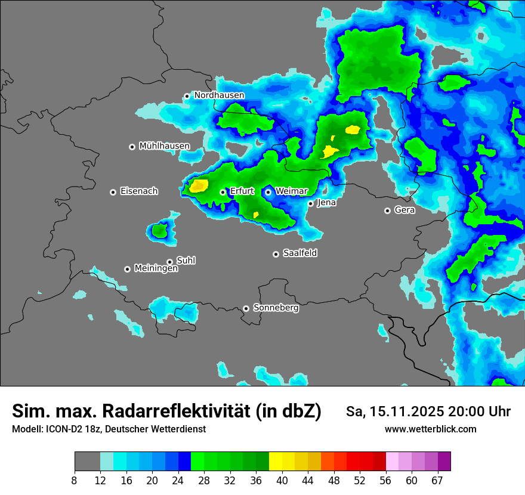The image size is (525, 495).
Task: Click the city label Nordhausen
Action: [x=219, y=95]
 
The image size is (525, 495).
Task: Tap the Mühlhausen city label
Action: [x=164, y=146]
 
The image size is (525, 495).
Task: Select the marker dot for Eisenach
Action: [x=113, y=192]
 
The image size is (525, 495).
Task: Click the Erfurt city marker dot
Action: [x=223, y=192]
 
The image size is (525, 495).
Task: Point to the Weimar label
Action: [x=291, y=191]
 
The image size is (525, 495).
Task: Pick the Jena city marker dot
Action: [x=310, y=204]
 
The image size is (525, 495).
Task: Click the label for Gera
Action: [x=404, y=210]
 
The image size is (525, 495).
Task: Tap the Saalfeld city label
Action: [x=299, y=253]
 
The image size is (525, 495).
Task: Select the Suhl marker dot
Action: [x=169, y=262]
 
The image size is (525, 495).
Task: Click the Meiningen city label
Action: [x=156, y=269]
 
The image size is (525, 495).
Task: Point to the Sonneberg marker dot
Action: [x=246, y=309]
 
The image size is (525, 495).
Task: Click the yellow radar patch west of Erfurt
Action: [x=199, y=185]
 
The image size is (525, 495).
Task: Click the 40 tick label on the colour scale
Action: [x=282, y=481]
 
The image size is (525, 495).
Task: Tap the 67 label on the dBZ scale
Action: [x=437, y=481]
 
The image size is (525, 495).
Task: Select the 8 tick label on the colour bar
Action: [x=75, y=481]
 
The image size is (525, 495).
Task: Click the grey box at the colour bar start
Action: [x=87, y=462]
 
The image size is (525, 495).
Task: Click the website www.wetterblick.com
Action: [x=430, y=429]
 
